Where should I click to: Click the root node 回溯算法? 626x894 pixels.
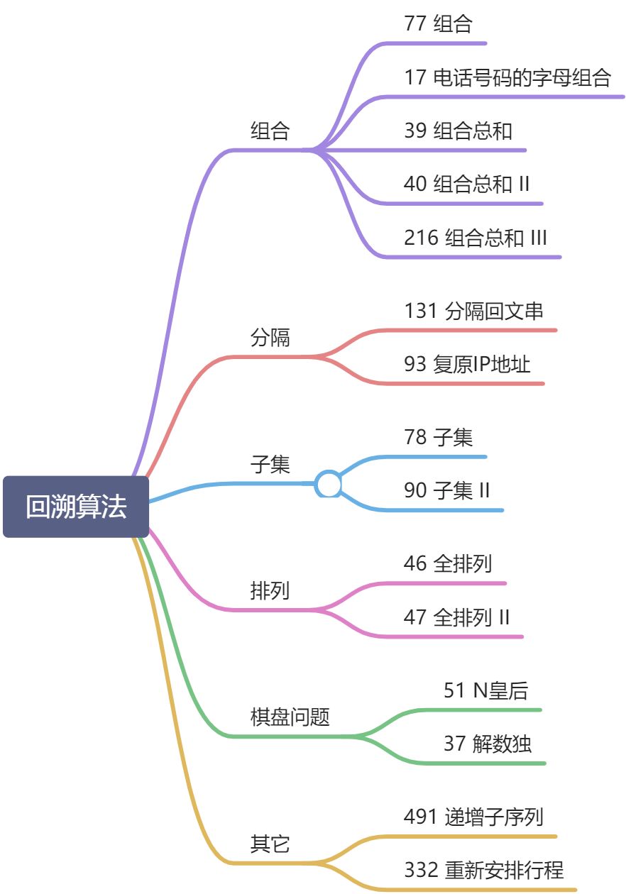tap(76, 507)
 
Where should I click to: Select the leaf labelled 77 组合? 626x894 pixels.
tap(438, 24)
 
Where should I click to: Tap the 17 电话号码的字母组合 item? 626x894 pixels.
tap(507, 77)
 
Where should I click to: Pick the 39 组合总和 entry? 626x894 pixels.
tap(458, 131)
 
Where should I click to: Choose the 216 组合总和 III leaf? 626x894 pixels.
tap(476, 238)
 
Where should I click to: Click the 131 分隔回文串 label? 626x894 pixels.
tap(473, 311)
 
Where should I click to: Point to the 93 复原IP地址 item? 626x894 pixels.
tap(467, 364)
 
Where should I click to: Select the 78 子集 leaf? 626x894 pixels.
tap(438, 437)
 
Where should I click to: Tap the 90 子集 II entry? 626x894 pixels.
tap(446, 490)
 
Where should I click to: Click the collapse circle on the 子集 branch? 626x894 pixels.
tap(329, 484)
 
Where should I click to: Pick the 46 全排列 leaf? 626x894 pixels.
tap(448, 563)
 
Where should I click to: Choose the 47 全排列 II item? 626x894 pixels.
tap(456, 617)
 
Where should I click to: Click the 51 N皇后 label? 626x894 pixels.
tap(485, 690)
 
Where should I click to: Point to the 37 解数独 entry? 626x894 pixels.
tap(488, 744)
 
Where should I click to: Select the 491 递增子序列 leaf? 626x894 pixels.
tap(473, 817)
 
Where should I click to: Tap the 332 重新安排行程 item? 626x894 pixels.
tap(484, 869)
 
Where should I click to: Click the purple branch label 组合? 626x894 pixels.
tap(270, 131)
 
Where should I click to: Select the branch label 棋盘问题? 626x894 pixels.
tap(290, 717)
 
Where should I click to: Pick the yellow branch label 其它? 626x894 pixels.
tap(270, 844)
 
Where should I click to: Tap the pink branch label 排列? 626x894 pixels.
tap(270, 590)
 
